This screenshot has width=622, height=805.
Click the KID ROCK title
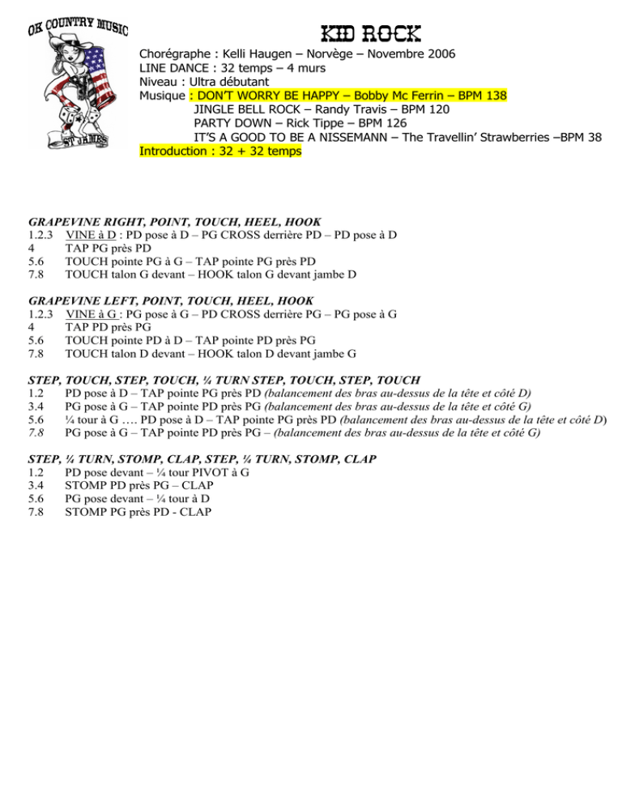(371, 34)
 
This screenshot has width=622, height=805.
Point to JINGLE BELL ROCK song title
(247, 109)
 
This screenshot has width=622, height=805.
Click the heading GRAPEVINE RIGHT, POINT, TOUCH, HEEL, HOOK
(175, 222)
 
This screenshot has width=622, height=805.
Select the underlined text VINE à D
(91, 235)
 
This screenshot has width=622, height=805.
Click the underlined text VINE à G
(91, 314)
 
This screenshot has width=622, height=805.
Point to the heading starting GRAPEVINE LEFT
(171, 300)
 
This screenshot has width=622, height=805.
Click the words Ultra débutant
(229, 82)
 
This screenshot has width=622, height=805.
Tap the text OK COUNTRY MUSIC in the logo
(78, 26)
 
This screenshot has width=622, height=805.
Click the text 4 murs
(306, 68)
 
